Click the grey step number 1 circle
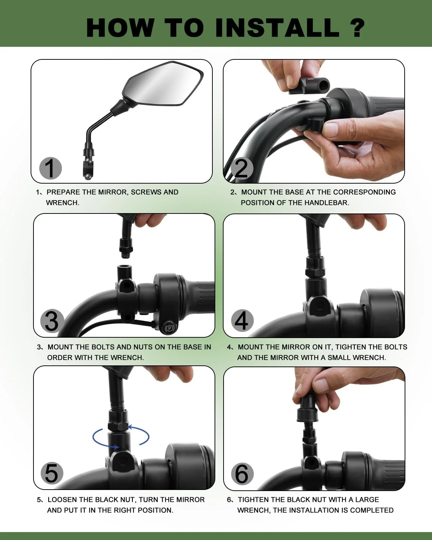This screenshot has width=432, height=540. (50, 168)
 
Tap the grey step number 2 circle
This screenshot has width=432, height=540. (242, 168)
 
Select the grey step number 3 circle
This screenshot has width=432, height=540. (52, 321)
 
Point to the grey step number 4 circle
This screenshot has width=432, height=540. (242, 321)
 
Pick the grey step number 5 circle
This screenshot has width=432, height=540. (52, 473)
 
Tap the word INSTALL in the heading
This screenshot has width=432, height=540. (278, 28)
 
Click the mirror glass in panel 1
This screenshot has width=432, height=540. (163, 84)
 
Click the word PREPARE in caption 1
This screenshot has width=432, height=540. (63, 192)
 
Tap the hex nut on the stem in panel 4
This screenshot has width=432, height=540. (315, 272)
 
